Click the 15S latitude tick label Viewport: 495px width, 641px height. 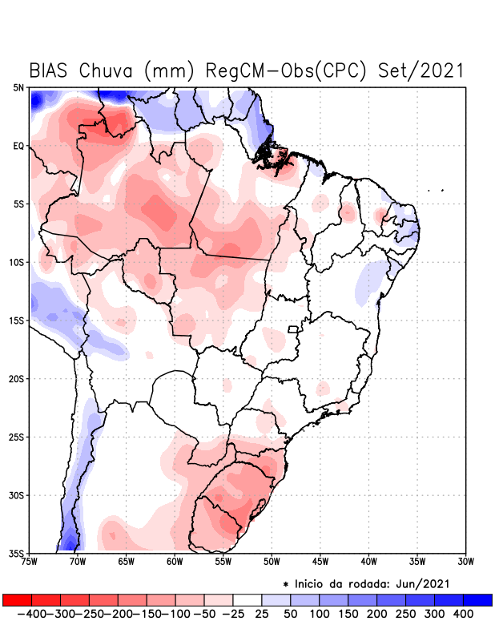coord(17,320)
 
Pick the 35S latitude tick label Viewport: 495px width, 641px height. coord(17,553)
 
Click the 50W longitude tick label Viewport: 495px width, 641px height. coord(271,562)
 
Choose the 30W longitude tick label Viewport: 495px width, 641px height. coord(465,562)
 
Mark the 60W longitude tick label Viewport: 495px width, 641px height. coord(174,562)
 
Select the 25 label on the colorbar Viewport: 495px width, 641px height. coord(262,614)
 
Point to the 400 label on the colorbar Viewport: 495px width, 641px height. coord(463,614)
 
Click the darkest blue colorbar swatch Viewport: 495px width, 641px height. coord(477,599)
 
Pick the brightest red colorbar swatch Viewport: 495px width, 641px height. coord(17,599)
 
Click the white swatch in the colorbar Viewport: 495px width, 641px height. coord(247,599)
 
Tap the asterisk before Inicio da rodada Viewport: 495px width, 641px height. coord(285,583)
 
